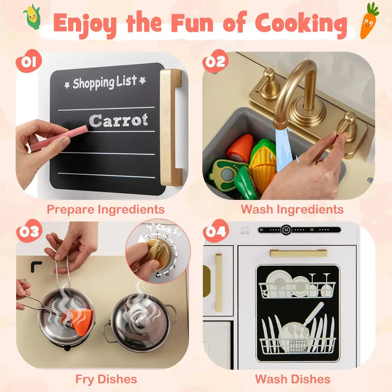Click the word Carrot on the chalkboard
119,120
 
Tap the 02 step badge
214,61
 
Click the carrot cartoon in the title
368,21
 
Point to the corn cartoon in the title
33,17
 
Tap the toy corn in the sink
263,162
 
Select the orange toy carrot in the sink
239,148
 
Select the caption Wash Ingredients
292,209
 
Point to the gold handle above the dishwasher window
298,253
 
